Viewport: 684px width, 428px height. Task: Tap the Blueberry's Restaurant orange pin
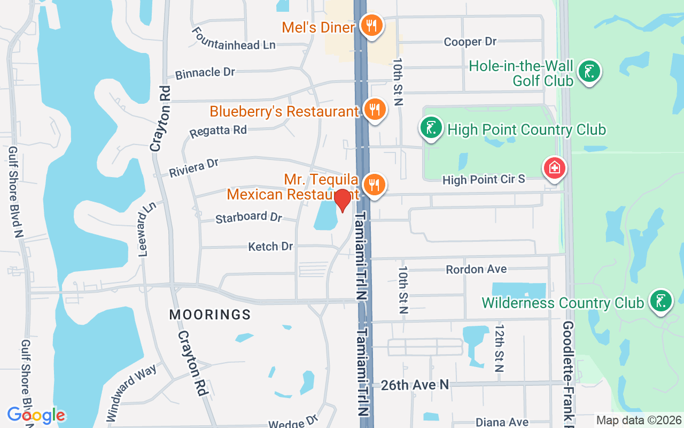(375, 110)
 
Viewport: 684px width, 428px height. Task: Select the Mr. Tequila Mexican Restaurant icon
(375, 185)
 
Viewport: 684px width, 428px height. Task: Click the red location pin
(342, 201)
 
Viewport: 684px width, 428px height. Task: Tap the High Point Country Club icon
(431, 128)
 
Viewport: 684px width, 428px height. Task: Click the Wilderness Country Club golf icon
(661, 301)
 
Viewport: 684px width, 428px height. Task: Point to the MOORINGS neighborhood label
(210, 315)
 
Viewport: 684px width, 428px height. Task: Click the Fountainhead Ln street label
(234, 39)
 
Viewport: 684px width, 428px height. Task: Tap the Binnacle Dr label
(205, 73)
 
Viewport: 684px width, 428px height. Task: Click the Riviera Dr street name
(194, 167)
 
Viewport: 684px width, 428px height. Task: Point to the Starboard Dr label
(248, 217)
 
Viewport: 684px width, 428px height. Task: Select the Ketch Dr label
(270, 247)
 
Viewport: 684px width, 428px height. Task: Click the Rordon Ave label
(476, 269)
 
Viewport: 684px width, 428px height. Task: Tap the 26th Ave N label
(415, 384)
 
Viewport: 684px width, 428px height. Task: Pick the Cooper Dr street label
(470, 42)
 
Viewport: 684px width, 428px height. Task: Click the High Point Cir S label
(484, 180)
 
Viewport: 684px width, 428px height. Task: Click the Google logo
(36, 415)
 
